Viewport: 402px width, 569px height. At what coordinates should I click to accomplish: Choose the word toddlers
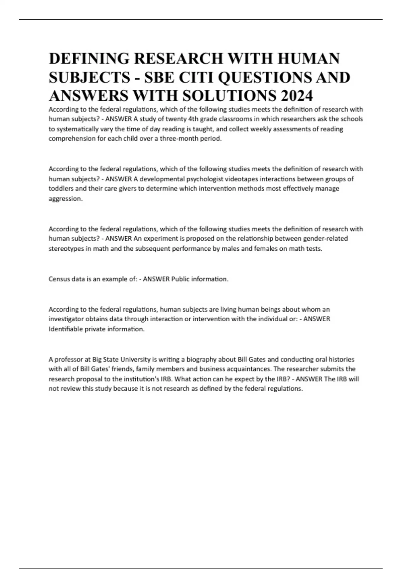pos(61,188)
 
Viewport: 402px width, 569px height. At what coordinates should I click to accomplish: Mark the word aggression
pos(65,198)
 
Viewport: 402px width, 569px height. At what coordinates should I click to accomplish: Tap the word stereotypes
pos(66,249)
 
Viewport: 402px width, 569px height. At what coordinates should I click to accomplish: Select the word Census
pos(59,279)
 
